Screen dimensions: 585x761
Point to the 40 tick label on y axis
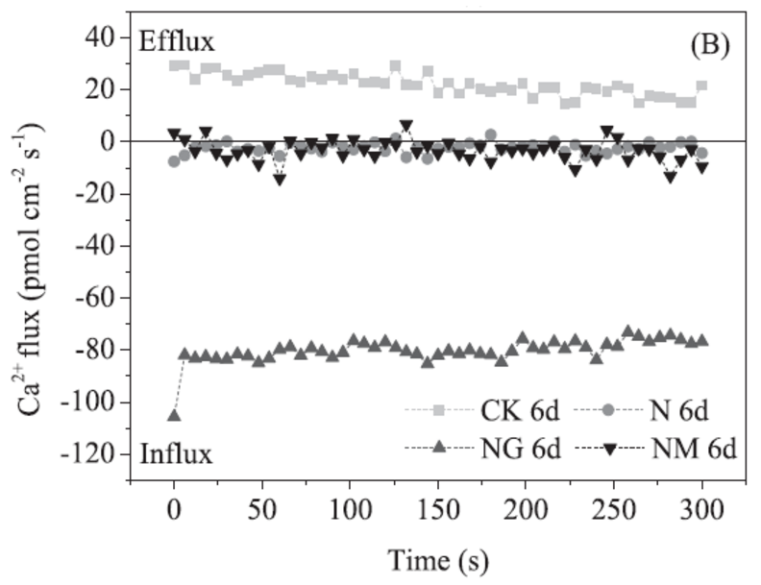(x=100, y=37)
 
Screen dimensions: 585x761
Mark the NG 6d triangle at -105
(x=174, y=414)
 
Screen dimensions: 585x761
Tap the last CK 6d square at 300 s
(x=701, y=86)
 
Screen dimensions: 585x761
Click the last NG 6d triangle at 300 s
(x=701, y=340)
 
